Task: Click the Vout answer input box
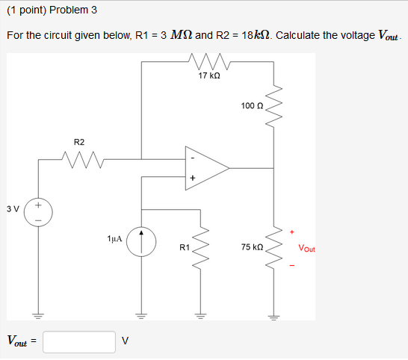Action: [79, 341]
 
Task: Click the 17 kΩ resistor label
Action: [208, 75]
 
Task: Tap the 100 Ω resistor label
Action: [252, 107]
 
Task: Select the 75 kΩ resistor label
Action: [252, 246]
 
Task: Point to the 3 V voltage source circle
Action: [38, 212]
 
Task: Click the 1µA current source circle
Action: [141, 241]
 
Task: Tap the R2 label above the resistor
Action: [79, 142]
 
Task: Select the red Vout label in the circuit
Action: [306, 248]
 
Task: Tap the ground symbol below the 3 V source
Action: [38, 314]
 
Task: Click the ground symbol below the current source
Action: [141, 314]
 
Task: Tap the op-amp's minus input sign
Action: [192, 158]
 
